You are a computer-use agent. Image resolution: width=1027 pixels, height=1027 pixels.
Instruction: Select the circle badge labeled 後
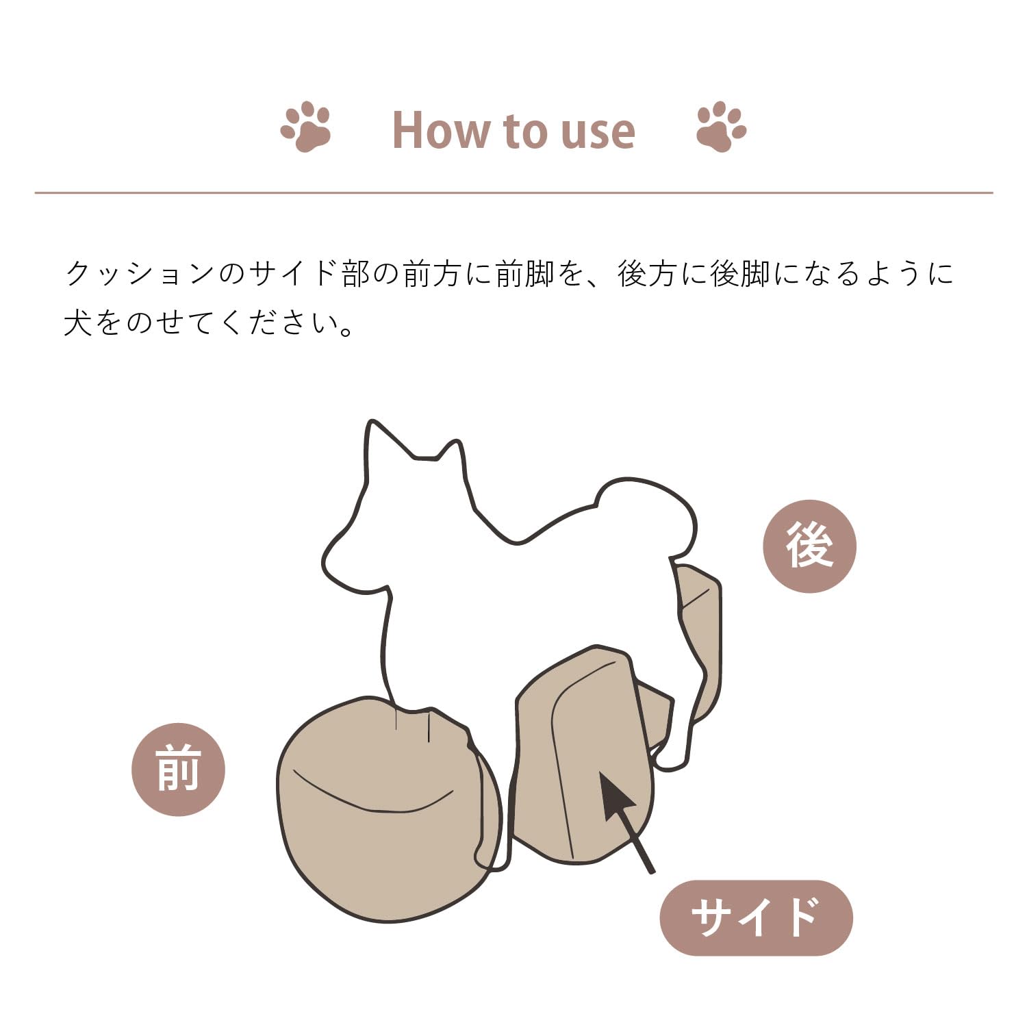click(x=809, y=546)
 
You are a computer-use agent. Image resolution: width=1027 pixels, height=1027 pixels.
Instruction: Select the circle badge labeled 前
click(x=178, y=770)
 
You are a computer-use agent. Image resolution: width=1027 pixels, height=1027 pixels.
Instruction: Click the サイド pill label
click(x=756, y=917)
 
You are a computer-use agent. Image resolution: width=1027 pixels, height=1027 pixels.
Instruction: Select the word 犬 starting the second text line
click(x=77, y=323)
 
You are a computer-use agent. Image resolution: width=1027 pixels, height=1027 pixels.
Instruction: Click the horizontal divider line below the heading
click(x=513, y=193)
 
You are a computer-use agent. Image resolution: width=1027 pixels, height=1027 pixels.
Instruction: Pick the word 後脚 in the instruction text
click(x=739, y=274)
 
